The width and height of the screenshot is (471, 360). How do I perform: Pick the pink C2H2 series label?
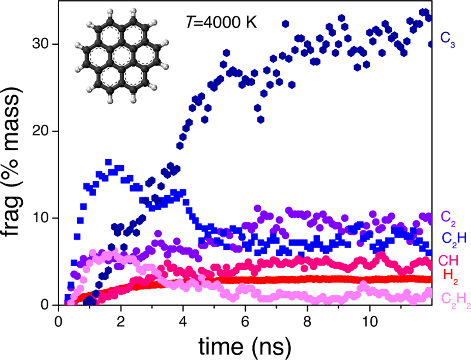(455, 299)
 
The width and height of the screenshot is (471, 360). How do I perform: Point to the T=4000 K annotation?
(221, 23)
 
